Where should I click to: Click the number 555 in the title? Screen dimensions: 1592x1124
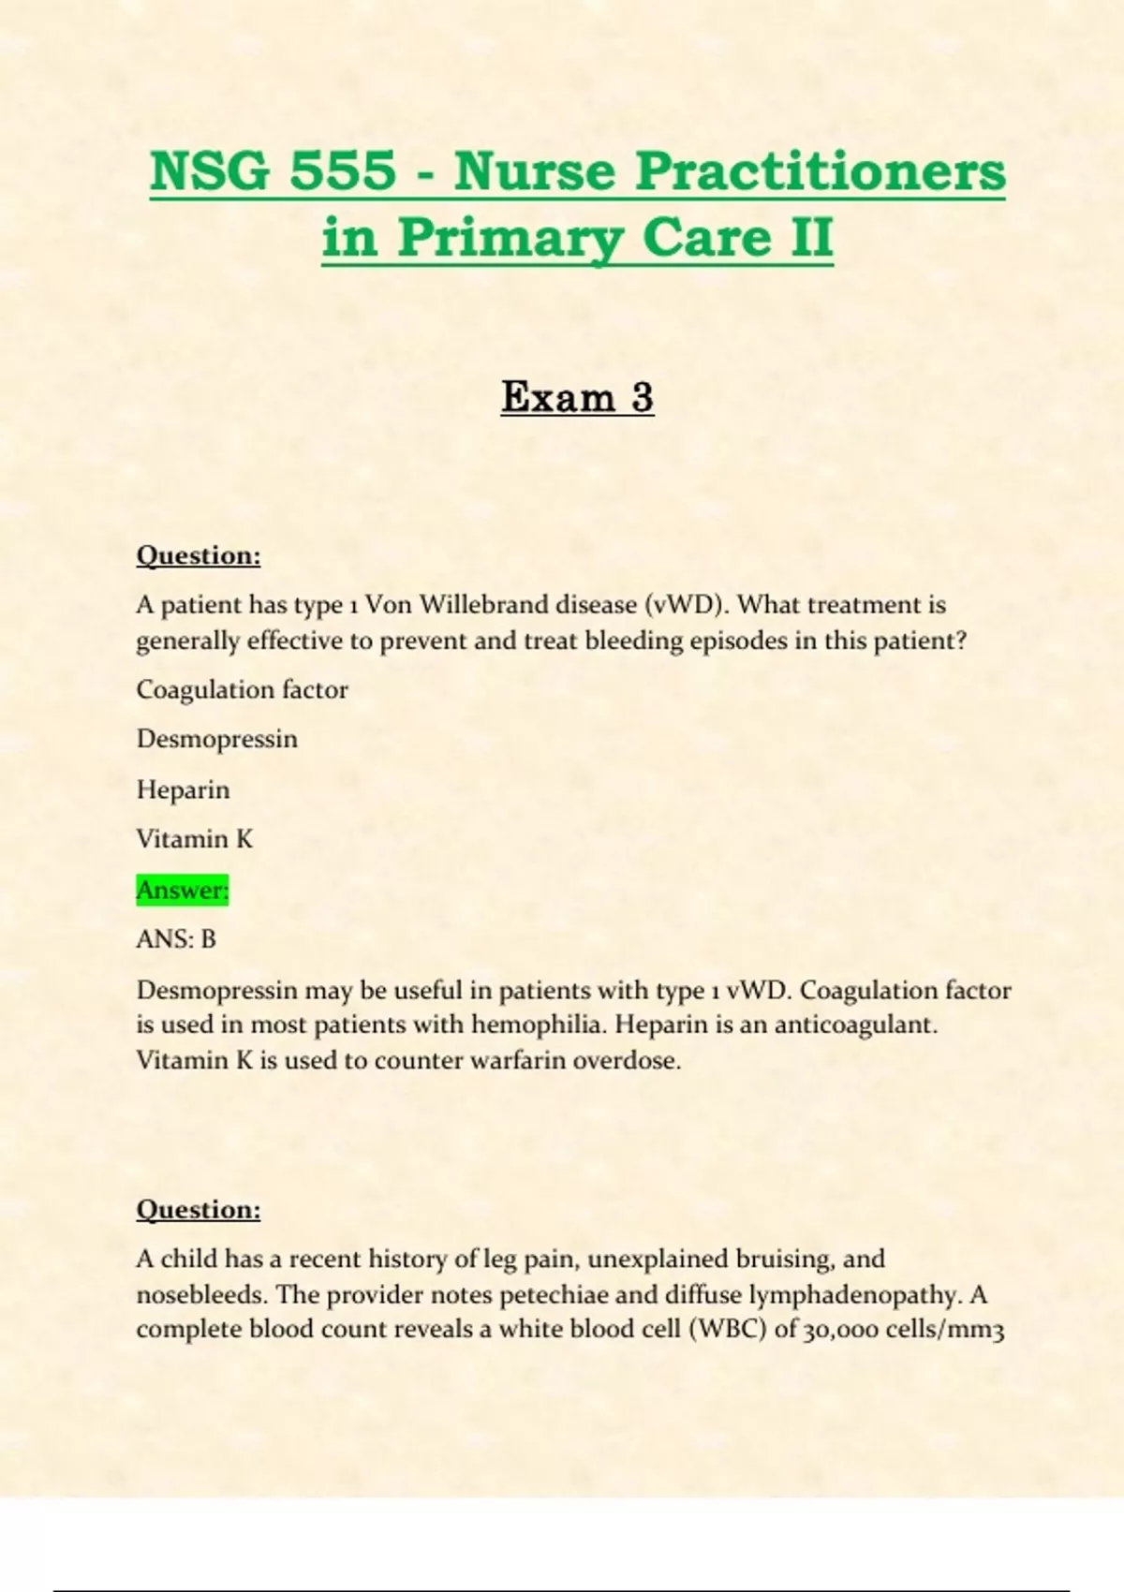pyautogui.click(x=343, y=171)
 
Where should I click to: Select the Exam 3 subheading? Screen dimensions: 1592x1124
pyautogui.click(x=577, y=396)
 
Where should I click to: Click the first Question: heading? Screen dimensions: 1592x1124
pyautogui.click(x=199, y=555)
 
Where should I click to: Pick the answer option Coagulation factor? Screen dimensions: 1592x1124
pyautogui.click(x=242, y=690)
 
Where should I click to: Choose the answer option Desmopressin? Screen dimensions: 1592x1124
pyautogui.click(x=217, y=739)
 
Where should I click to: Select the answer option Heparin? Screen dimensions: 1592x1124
pyautogui.click(x=183, y=789)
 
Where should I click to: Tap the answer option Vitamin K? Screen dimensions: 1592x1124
pyautogui.click(x=195, y=839)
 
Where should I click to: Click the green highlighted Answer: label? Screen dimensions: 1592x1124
pyautogui.click(x=183, y=889)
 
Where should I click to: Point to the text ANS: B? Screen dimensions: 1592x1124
pyautogui.click(x=176, y=938)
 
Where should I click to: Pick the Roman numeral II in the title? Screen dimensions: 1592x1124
pyautogui.click(x=811, y=237)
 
